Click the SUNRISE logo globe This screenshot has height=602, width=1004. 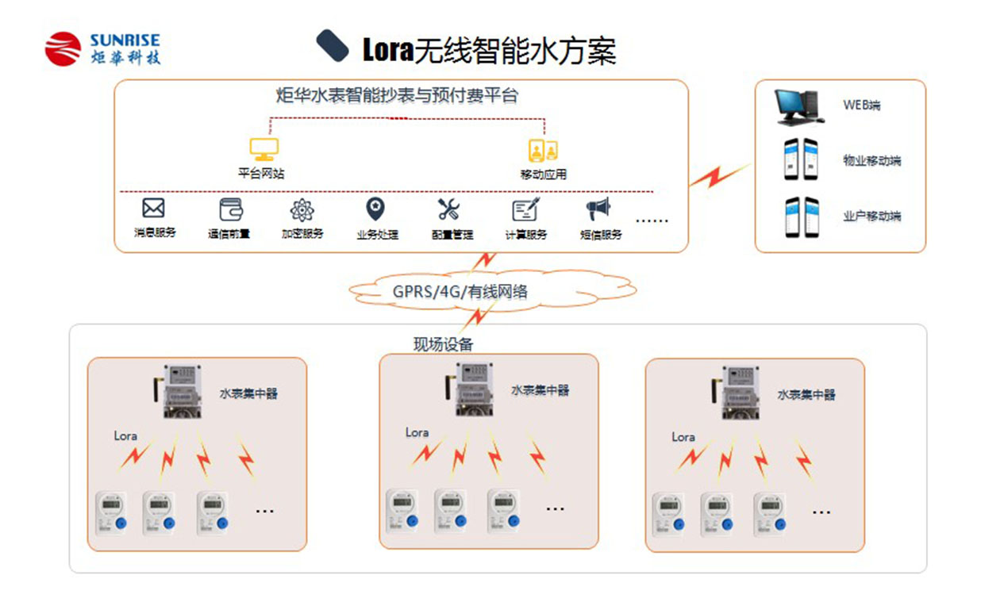pos(63,48)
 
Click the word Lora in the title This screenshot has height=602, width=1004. pos(388,50)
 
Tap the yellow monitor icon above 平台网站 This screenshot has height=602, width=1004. pos(264,149)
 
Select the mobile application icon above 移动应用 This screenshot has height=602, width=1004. pos(543,150)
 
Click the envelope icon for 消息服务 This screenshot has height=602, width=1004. pos(153,209)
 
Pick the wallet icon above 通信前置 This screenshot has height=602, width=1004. pos(231,209)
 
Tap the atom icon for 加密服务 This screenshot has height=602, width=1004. pos(302,210)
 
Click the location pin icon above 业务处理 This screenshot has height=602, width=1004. pos(375,209)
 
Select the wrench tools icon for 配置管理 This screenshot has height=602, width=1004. pos(448,209)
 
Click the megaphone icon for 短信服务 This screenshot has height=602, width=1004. pos(598,209)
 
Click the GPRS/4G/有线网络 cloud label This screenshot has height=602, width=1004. pos(460,291)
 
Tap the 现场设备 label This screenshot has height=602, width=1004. pos(443,344)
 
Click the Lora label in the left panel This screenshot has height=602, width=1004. pos(125,435)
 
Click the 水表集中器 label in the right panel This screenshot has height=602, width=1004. pos(806,394)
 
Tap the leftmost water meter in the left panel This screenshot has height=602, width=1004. pos(112,512)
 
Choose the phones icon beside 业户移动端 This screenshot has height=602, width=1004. pos(801,216)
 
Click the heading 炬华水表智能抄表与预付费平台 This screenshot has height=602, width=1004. pos(397,97)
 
